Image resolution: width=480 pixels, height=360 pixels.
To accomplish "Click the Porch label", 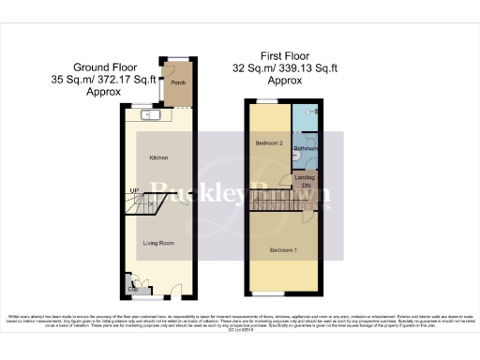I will tap(175, 82).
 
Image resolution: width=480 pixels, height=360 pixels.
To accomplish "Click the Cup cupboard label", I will tap(132, 289).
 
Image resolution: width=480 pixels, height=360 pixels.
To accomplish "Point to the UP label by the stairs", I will tap(134, 192).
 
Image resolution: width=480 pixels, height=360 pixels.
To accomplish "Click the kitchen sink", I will tap(148, 116).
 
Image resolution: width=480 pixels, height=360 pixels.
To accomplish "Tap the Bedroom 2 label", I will tap(269, 142).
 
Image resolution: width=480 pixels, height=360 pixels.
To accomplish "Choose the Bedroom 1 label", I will tap(283, 250).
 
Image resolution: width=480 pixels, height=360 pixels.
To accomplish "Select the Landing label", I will tap(305, 177).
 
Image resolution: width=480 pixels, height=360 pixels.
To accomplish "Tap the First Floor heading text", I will tap(277, 55).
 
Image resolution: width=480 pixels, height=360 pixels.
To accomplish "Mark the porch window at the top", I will tap(175, 60).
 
